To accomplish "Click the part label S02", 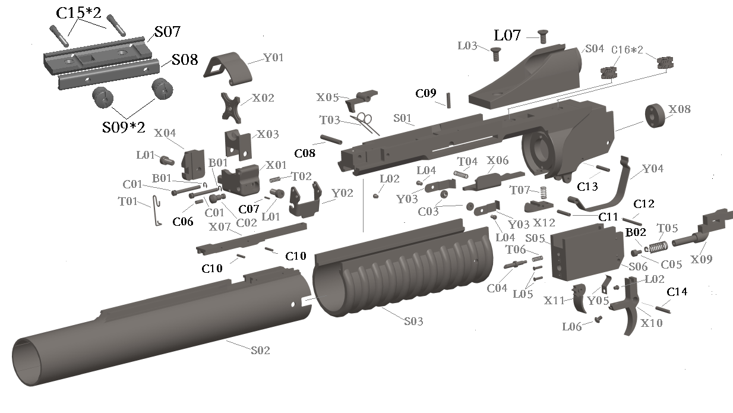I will click(260, 351).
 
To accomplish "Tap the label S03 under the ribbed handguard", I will click(413, 321).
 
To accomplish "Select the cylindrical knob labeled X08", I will click(656, 116).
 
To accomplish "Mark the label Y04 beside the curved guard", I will click(653, 169).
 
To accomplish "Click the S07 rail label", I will click(168, 31).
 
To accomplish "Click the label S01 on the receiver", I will click(403, 119).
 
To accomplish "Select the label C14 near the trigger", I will click(677, 292).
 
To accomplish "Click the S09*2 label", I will click(124, 127).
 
